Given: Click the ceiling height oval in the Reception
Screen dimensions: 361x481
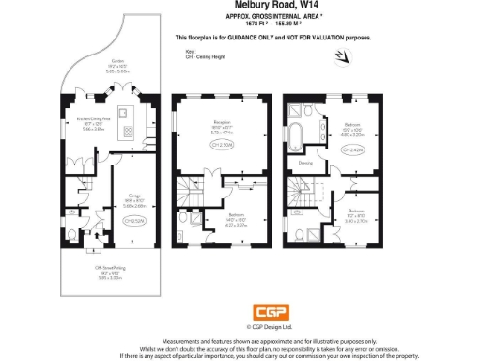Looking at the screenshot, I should click(223, 146).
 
